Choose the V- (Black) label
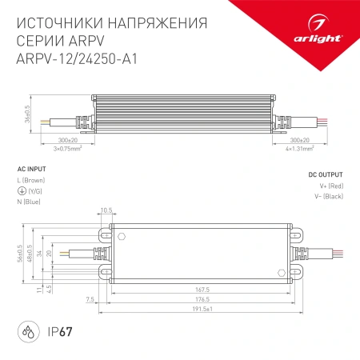329,197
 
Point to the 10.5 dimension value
106,210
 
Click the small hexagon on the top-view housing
122,236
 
